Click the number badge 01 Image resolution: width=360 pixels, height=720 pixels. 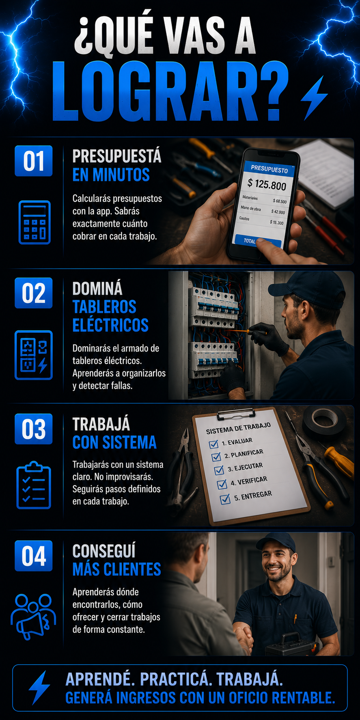(34, 161)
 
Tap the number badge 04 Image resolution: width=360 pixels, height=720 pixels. (34, 556)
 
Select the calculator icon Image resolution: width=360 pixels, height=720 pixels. (34, 222)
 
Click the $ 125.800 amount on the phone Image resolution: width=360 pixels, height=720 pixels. (267, 184)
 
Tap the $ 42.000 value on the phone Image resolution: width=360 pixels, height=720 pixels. (278, 212)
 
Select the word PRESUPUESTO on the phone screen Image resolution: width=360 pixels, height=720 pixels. (269, 169)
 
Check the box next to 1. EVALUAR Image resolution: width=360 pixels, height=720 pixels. (213, 444)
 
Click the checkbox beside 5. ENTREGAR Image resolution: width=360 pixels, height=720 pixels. (225, 499)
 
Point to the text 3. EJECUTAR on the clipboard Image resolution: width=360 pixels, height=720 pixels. (245, 467)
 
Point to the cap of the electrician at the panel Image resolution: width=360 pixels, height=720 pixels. (307, 285)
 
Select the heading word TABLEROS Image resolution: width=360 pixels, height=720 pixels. (104, 307)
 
